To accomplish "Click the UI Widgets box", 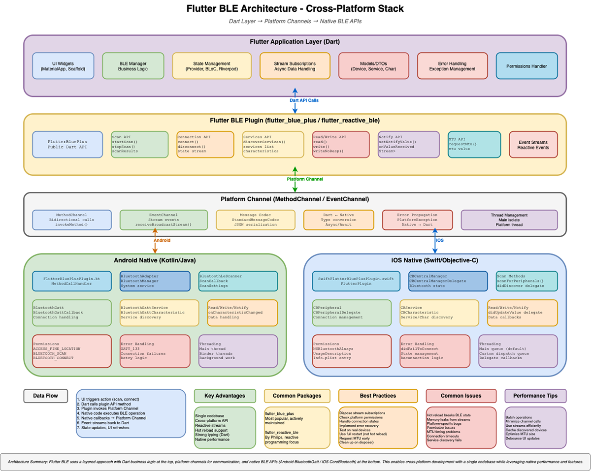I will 63,66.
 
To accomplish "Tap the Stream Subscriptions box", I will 295,66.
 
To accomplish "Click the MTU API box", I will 474,144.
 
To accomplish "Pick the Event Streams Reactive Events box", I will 533,144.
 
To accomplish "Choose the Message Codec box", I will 255,220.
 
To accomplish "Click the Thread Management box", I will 509,220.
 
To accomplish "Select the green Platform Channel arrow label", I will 304,179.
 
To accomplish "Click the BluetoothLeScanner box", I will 238,281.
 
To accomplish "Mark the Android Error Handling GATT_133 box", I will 155,351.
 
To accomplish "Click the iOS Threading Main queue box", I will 518,351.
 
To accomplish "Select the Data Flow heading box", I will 45,396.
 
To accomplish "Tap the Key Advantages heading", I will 225,396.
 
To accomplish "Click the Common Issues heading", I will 461,396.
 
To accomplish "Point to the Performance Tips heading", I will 535,396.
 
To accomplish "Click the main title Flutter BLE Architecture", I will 295,9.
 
